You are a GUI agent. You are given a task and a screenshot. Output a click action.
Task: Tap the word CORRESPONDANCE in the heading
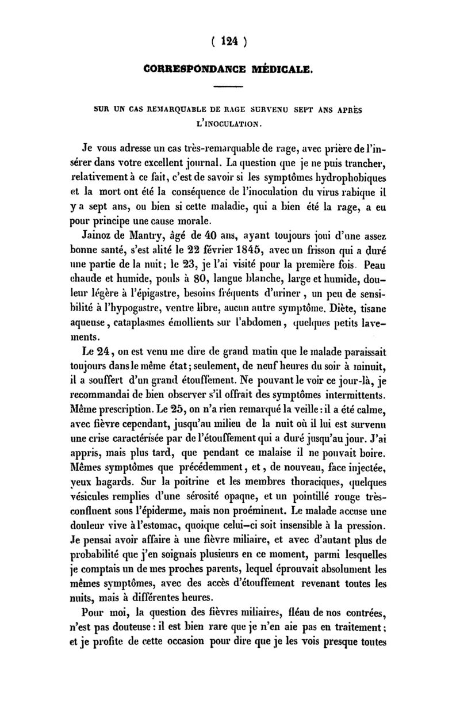pyautogui.click(x=190, y=70)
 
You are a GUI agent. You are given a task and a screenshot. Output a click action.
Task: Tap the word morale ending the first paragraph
pyautogui.click(x=209, y=219)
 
